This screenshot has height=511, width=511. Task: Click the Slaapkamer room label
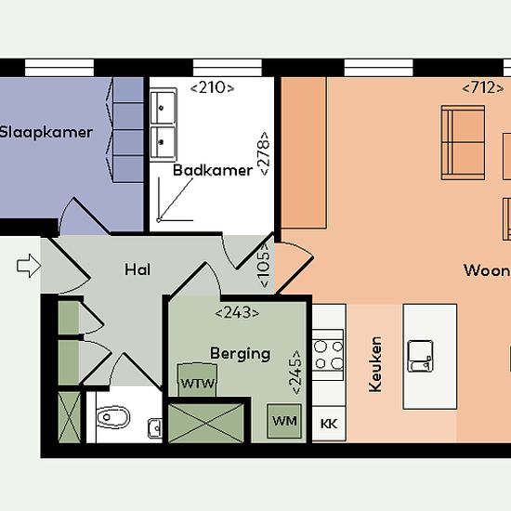(x=46, y=132)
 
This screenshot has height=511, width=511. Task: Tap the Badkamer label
(x=213, y=170)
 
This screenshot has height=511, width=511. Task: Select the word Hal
(x=138, y=269)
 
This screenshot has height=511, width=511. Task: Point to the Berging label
(x=241, y=354)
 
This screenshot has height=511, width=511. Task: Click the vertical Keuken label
(x=375, y=364)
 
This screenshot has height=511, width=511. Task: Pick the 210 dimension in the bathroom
(x=212, y=87)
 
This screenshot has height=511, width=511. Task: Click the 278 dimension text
(x=263, y=153)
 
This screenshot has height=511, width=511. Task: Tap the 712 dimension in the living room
(x=482, y=87)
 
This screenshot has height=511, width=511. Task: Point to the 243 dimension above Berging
(x=238, y=313)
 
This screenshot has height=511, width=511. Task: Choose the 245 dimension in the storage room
(x=295, y=373)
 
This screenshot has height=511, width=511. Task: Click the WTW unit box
(x=197, y=380)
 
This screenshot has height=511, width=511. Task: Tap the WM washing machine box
(x=284, y=421)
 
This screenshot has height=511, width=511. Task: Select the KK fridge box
(x=329, y=424)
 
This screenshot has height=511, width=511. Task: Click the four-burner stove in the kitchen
(x=328, y=355)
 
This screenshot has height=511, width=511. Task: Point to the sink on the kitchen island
(x=420, y=356)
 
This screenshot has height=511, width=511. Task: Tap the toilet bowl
(x=113, y=417)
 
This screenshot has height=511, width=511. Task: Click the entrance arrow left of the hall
(x=29, y=266)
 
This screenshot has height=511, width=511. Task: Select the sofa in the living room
(x=463, y=142)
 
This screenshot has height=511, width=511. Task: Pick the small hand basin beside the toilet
(x=155, y=428)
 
